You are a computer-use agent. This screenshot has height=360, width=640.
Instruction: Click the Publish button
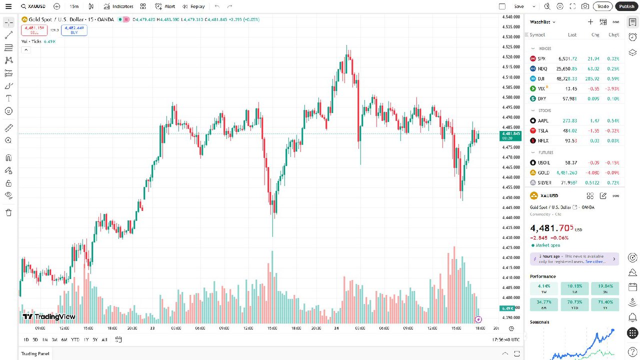[626, 6]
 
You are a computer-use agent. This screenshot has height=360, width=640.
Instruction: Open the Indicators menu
[118, 6]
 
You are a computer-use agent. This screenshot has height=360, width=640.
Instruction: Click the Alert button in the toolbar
[165, 6]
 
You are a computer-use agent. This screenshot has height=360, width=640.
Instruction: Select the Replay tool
[193, 6]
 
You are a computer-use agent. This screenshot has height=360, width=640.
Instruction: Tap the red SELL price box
[34, 30]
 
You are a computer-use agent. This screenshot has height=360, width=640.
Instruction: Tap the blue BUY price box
[74, 30]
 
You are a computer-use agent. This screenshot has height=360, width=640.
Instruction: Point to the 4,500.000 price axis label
[510, 97]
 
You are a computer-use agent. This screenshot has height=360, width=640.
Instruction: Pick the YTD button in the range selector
[75, 339]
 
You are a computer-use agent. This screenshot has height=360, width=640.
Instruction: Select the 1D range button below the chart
[25, 339]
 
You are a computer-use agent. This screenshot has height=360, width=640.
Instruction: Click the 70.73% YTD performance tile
[574, 304]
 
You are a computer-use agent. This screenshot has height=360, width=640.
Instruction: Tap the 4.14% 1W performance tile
[544, 288]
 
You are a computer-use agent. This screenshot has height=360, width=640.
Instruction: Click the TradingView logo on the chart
[49, 316]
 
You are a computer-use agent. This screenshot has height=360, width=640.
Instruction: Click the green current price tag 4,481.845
[510, 135]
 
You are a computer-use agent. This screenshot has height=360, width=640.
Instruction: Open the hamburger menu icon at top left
[8, 6]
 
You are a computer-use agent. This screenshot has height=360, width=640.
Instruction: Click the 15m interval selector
[74, 6]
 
